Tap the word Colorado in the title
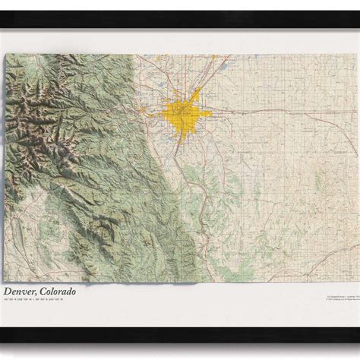[65, 289]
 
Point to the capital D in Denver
[8, 289]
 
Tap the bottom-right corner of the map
[355, 279]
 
